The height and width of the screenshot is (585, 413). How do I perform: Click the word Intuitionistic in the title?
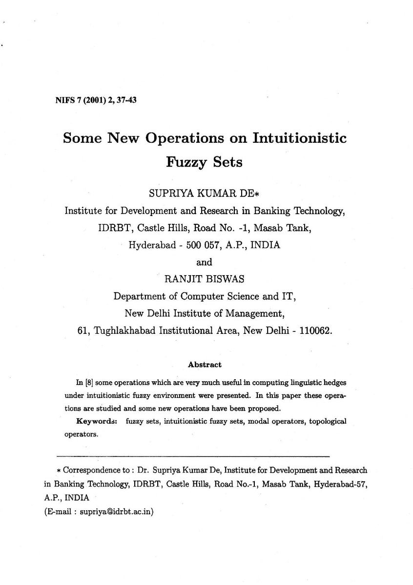click(299, 138)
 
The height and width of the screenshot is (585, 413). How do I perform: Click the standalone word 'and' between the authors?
click(204, 261)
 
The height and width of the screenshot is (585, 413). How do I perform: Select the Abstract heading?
click(205, 365)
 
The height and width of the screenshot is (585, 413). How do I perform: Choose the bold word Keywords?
click(95, 421)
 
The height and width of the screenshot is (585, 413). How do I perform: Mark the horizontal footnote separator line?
click(193, 455)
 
